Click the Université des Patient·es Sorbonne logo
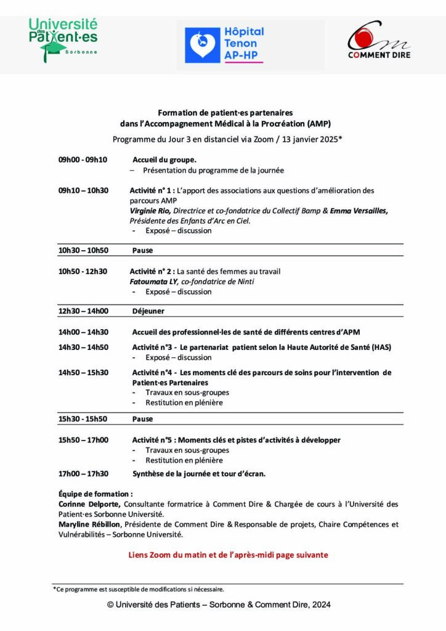[x=63, y=39]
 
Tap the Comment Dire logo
[x=378, y=40]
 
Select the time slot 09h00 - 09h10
[x=83, y=160]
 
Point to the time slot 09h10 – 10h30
[x=83, y=190]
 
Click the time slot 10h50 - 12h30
[x=83, y=271]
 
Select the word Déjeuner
[x=148, y=311]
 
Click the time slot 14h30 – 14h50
[x=83, y=348]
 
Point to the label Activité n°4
[x=152, y=372]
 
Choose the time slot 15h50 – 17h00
[x=83, y=440]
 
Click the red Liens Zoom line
[x=228, y=555]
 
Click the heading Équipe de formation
[x=95, y=494]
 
